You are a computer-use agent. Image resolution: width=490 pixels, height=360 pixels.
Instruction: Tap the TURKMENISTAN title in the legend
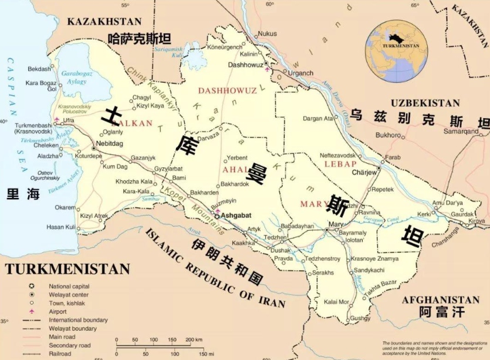67,269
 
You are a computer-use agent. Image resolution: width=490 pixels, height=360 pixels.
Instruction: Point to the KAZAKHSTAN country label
104,22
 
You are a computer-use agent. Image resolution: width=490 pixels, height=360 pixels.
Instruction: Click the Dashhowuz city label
245,65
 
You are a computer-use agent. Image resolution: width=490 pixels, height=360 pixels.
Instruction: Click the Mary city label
336,224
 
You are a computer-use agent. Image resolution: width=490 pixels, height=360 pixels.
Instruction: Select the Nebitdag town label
110,143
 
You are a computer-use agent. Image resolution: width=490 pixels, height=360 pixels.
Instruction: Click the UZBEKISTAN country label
425,103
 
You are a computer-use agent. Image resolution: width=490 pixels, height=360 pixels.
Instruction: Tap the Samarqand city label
461,132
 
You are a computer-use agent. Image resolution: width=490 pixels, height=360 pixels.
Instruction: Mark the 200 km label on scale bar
194,340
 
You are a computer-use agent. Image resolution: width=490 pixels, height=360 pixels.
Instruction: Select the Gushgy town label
359,318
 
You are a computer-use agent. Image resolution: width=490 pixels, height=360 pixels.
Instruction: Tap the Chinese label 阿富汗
441,312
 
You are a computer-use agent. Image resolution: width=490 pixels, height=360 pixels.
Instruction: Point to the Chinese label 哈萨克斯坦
140,39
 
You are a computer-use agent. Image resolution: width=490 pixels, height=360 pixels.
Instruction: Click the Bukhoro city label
388,135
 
